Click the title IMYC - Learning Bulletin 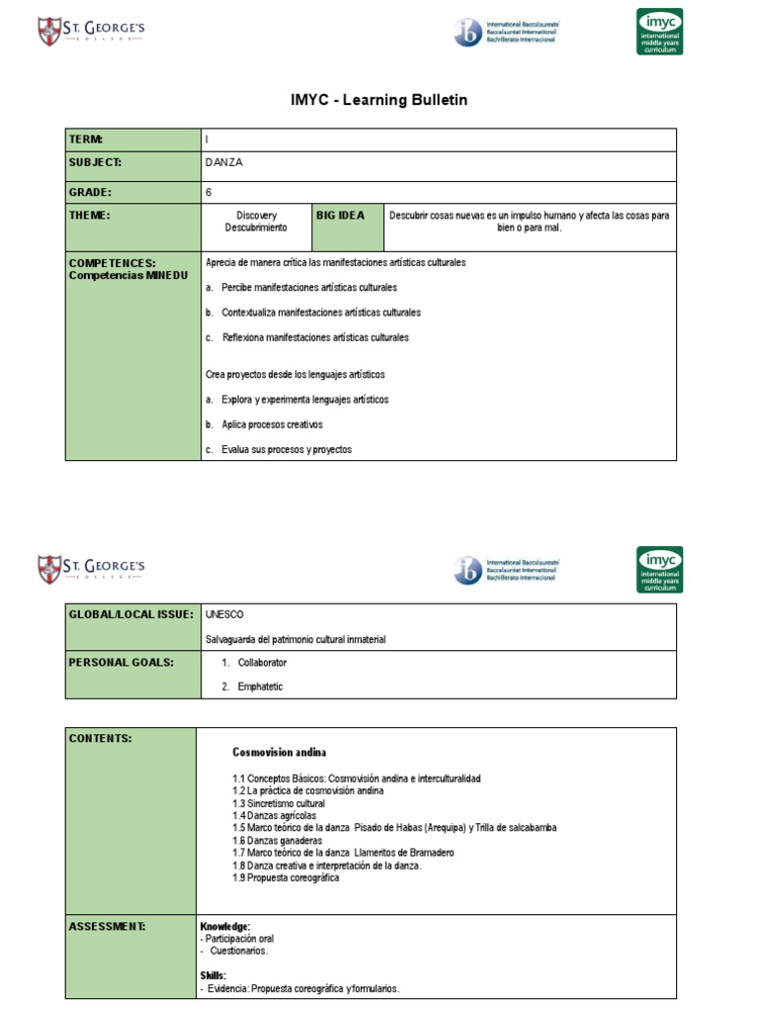(x=379, y=100)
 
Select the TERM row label (x=86, y=139)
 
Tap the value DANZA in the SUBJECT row (x=224, y=163)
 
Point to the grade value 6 (x=209, y=192)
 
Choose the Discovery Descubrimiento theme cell (x=256, y=222)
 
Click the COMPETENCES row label (x=112, y=269)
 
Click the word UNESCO (x=224, y=615)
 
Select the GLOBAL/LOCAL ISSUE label (x=130, y=615)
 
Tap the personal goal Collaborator (x=262, y=663)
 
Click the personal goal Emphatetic (x=260, y=687)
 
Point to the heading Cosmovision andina (x=280, y=753)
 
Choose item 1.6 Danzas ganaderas (x=278, y=840)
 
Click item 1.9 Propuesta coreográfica (x=286, y=877)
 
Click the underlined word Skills (x=212, y=975)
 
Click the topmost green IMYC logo (x=659, y=32)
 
